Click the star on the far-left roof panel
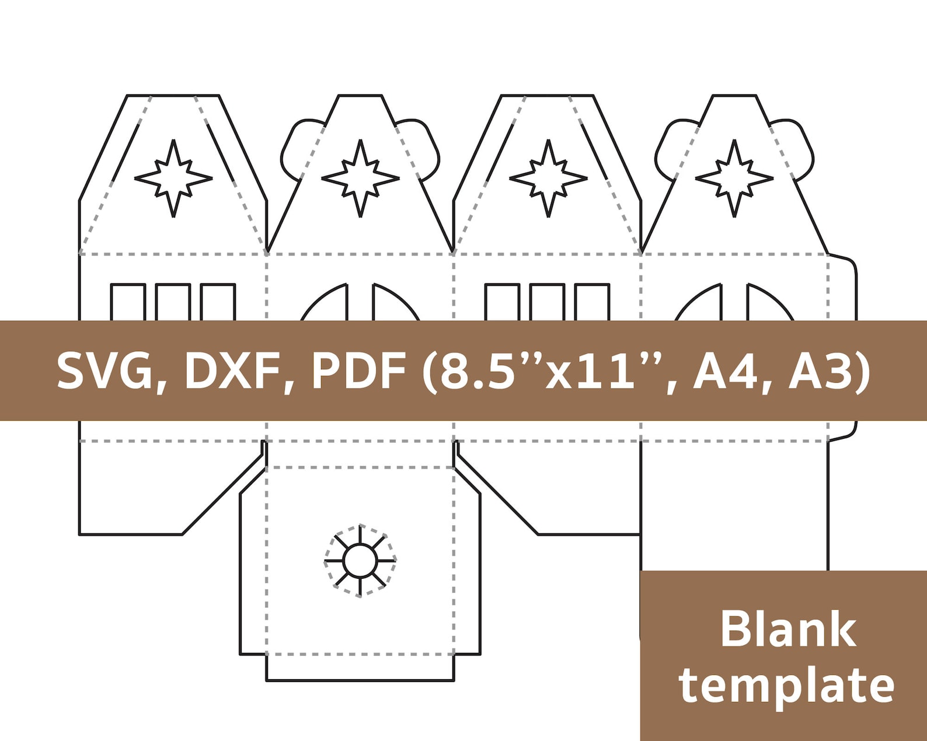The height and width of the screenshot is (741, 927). [x=173, y=179]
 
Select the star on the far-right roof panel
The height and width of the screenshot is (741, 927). [x=734, y=179]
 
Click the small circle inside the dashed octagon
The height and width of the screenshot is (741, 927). [x=360, y=561]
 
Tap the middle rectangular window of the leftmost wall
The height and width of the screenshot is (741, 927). [x=173, y=302]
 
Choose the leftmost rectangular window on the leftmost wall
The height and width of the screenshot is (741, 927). [x=128, y=302]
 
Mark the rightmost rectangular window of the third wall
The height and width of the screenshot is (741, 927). [x=593, y=302]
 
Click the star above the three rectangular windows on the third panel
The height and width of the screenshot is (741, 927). [x=548, y=179]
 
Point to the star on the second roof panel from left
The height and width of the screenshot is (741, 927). [x=360, y=179]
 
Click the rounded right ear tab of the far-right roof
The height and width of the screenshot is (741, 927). [x=796, y=146]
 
